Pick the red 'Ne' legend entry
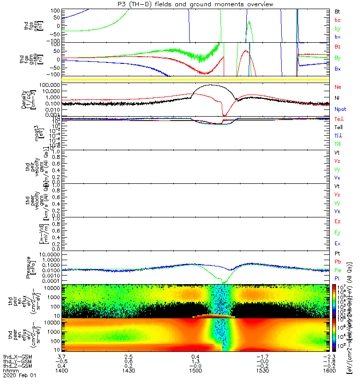click(338, 87)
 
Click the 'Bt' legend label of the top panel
click(337, 10)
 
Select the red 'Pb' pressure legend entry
click(338, 262)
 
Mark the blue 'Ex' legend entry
click(338, 244)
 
